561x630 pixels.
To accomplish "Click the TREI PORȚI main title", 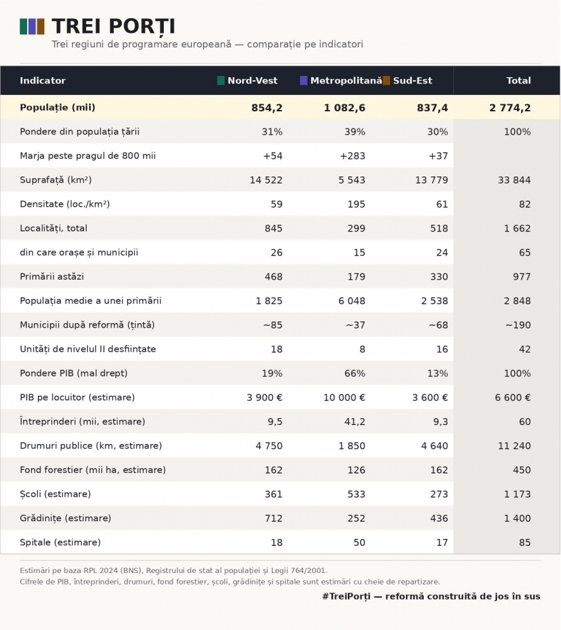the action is click(x=113, y=27).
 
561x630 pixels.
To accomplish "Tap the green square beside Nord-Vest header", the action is click(x=221, y=80).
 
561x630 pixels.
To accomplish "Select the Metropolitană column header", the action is click(x=346, y=80).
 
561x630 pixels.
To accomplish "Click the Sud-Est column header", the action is click(x=412, y=80).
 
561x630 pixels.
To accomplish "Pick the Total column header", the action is click(x=519, y=80).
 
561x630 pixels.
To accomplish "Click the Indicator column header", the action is click(x=42, y=80).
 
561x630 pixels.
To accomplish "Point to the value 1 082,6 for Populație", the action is click(x=345, y=108).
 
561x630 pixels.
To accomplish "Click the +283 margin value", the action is click(x=352, y=156).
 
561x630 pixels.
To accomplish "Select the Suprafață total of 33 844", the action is click(x=514, y=180).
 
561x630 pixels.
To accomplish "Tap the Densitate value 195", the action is click(x=357, y=204).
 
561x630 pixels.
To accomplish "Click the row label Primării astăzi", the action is click(x=52, y=276).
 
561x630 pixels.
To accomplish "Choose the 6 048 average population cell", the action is click(x=352, y=301).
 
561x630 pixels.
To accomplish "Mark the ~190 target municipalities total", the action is click(x=518, y=325).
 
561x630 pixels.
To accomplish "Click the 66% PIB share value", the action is click(x=355, y=373).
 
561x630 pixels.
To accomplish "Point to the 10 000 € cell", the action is click(x=345, y=397).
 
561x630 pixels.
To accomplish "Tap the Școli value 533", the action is click(x=357, y=494).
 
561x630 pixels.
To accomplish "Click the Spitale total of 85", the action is click(x=525, y=543).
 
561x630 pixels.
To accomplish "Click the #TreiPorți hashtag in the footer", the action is click(x=346, y=596).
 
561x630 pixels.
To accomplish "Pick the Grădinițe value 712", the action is click(x=274, y=518).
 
